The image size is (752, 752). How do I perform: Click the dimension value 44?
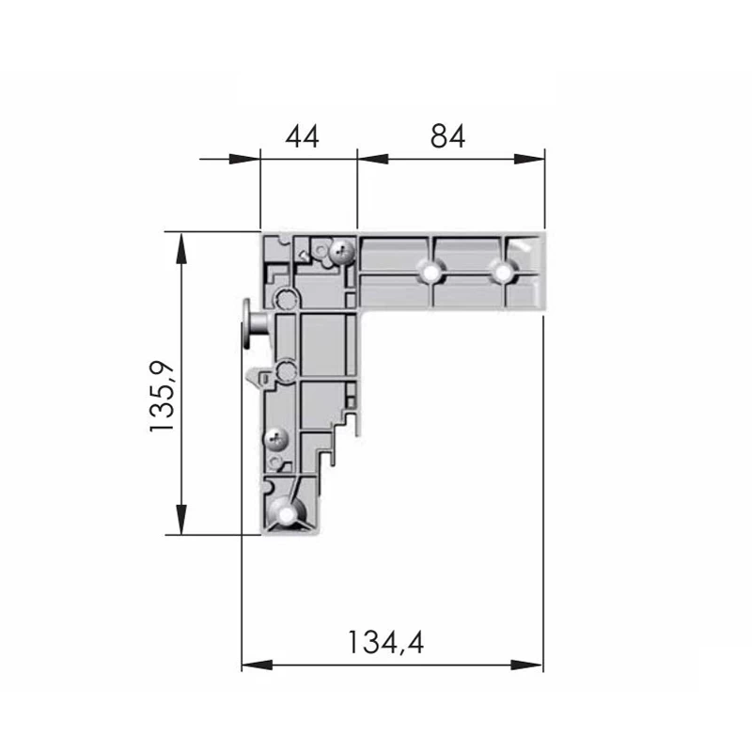coord(302,136)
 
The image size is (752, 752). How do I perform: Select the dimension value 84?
coord(447,136)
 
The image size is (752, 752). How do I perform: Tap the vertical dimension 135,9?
coord(163,396)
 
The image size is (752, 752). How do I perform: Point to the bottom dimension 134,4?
coord(385,643)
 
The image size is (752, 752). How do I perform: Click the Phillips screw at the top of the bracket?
coord(342,251)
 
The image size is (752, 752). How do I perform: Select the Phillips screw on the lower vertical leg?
coord(276,438)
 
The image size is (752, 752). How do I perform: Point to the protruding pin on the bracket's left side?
coord(255,324)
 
